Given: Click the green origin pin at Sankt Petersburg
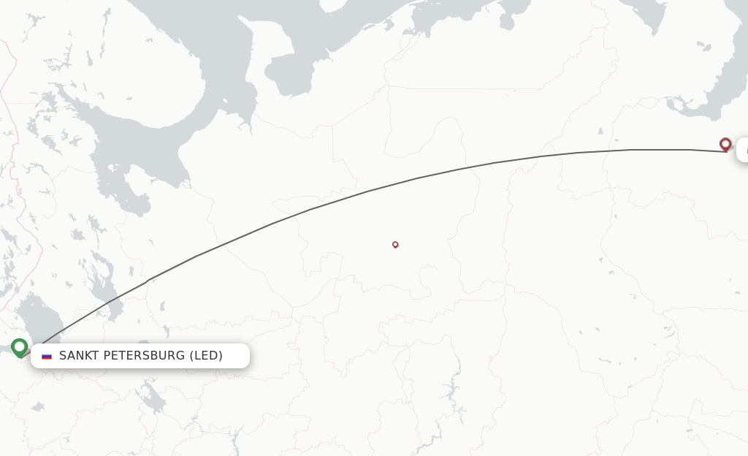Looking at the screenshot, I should click(19, 347).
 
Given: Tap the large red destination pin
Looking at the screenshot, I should click(725, 144).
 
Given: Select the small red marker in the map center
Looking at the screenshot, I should click(395, 244).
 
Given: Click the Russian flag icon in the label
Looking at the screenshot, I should click(47, 356).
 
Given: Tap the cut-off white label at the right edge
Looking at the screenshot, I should click(742, 150).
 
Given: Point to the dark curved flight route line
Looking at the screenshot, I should click(365, 191).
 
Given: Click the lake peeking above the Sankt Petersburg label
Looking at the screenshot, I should click(143, 343).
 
